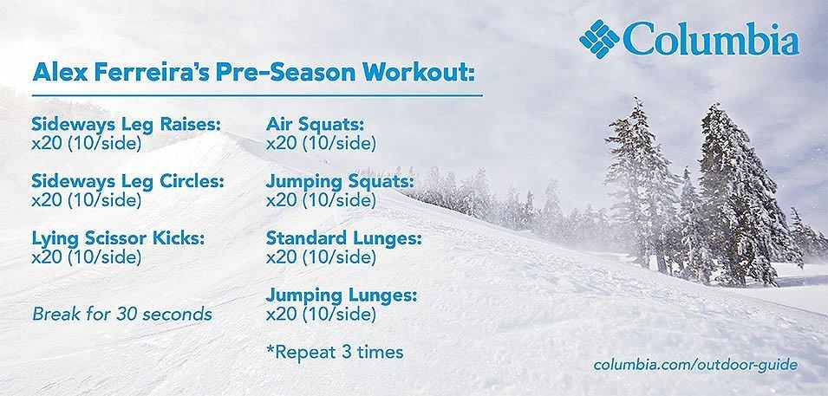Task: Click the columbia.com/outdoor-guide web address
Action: click(695, 365)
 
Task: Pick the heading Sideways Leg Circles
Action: click(127, 182)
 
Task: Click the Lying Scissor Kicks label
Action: click(117, 239)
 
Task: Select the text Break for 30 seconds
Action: click(121, 313)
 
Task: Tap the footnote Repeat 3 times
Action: click(336, 353)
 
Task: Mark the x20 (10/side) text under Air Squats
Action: click(321, 142)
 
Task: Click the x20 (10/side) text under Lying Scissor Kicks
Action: click(85, 257)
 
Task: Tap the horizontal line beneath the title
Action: click(256, 90)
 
